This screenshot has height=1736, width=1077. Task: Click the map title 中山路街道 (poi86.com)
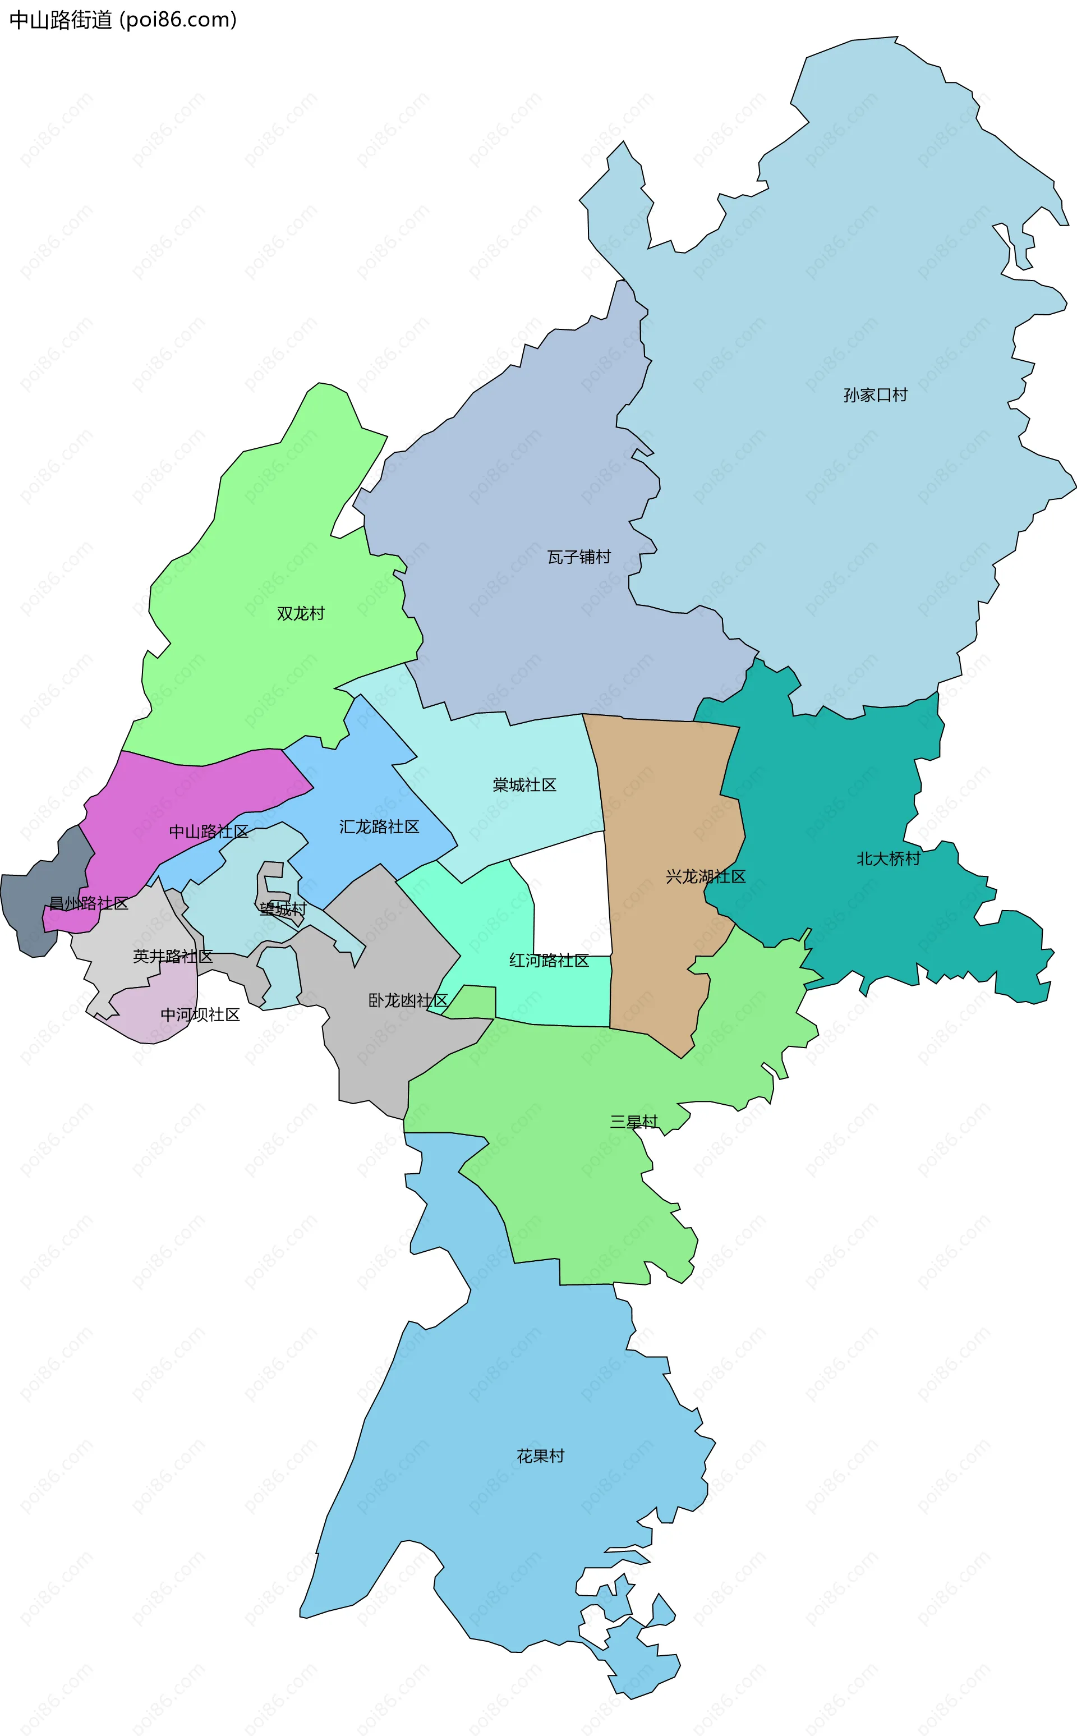click(x=122, y=20)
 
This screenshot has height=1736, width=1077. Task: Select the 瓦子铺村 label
click(x=578, y=557)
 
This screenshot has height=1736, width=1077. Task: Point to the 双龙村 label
click(x=301, y=613)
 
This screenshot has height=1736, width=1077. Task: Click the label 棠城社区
click(x=524, y=785)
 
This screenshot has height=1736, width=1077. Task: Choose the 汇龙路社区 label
click(x=379, y=827)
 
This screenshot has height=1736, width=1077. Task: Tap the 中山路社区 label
click(x=209, y=832)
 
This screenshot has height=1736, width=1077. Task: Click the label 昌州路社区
click(x=88, y=903)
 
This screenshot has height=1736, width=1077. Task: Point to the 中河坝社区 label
click(x=200, y=1014)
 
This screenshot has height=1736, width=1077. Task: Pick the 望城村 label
click(x=283, y=909)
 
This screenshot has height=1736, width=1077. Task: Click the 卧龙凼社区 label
click(x=407, y=1001)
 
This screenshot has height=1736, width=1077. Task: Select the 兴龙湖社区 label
click(x=705, y=876)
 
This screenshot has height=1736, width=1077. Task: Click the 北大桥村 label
click(x=888, y=859)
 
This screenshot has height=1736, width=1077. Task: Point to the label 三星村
click(x=634, y=1122)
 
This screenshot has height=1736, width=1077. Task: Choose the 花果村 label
click(x=541, y=1456)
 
